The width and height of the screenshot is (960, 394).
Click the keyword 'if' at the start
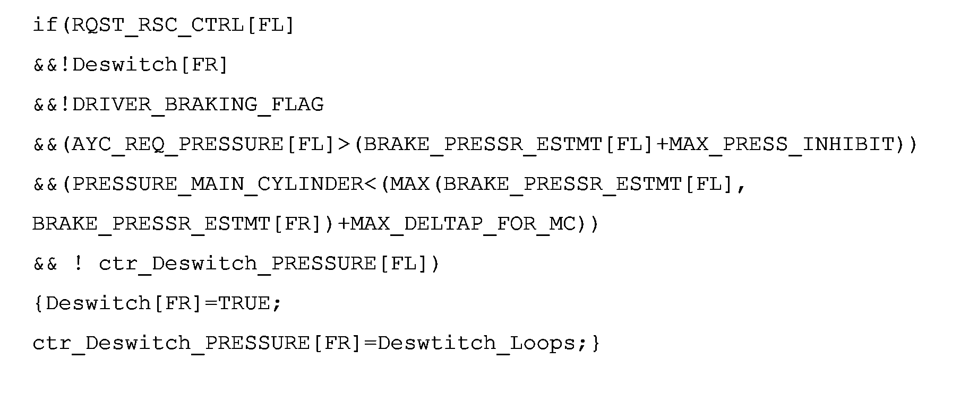tap(45, 24)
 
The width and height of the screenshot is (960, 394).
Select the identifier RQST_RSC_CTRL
tap(158, 25)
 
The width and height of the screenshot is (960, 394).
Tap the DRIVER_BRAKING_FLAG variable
tap(198, 104)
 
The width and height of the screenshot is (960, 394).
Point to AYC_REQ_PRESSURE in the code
tap(178, 144)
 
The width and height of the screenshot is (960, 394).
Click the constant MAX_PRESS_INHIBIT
tap(782, 144)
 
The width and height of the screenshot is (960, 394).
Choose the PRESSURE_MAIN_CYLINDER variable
tap(218, 184)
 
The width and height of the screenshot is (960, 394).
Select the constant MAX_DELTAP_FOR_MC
tap(464, 224)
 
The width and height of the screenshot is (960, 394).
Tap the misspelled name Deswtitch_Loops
tap(477, 343)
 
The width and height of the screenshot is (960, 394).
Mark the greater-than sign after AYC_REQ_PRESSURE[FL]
tap(344, 144)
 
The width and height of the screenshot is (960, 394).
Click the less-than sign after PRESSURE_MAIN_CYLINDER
tap(370, 184)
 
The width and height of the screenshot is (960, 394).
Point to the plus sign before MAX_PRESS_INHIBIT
tap(662, 144)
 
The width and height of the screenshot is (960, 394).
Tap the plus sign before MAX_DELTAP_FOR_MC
tap(344, 224)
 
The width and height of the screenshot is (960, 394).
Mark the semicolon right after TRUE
tap(277, 304)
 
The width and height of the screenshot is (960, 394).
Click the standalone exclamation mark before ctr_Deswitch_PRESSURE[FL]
tap(78, 263)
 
